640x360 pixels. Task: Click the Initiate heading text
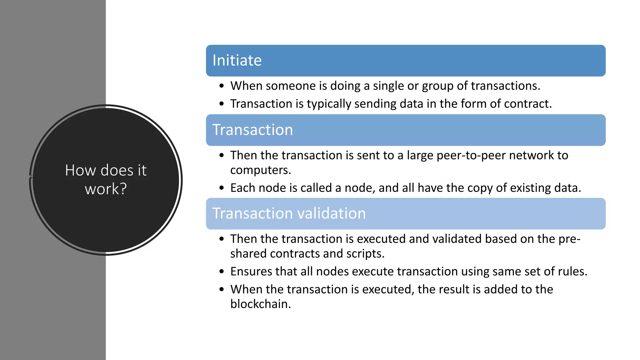237,60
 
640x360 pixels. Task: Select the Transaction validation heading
289,213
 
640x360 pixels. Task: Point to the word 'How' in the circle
80,171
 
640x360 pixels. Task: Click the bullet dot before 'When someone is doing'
222,86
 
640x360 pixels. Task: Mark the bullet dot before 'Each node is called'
222,188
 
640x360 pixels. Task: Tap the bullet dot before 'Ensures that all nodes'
222,272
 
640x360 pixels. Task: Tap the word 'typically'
329,104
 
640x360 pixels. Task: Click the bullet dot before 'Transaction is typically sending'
222,104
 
